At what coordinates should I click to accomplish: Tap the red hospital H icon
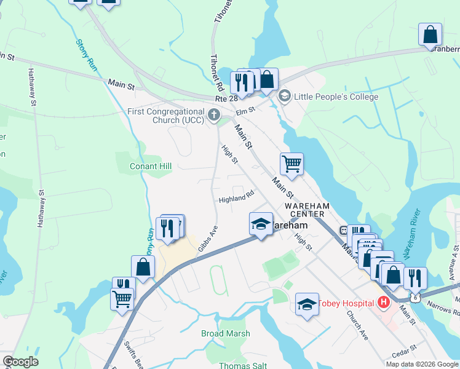384,303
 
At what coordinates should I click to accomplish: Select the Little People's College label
336,97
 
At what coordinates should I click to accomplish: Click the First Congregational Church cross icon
213,114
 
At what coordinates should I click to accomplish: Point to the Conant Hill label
151,166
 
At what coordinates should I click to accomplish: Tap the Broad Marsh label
226,333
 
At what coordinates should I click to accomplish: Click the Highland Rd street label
236,199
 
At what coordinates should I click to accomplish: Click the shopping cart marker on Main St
291,164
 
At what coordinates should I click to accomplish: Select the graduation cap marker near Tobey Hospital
307,304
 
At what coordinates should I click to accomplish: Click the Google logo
21,362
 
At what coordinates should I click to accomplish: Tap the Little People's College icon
284,97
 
